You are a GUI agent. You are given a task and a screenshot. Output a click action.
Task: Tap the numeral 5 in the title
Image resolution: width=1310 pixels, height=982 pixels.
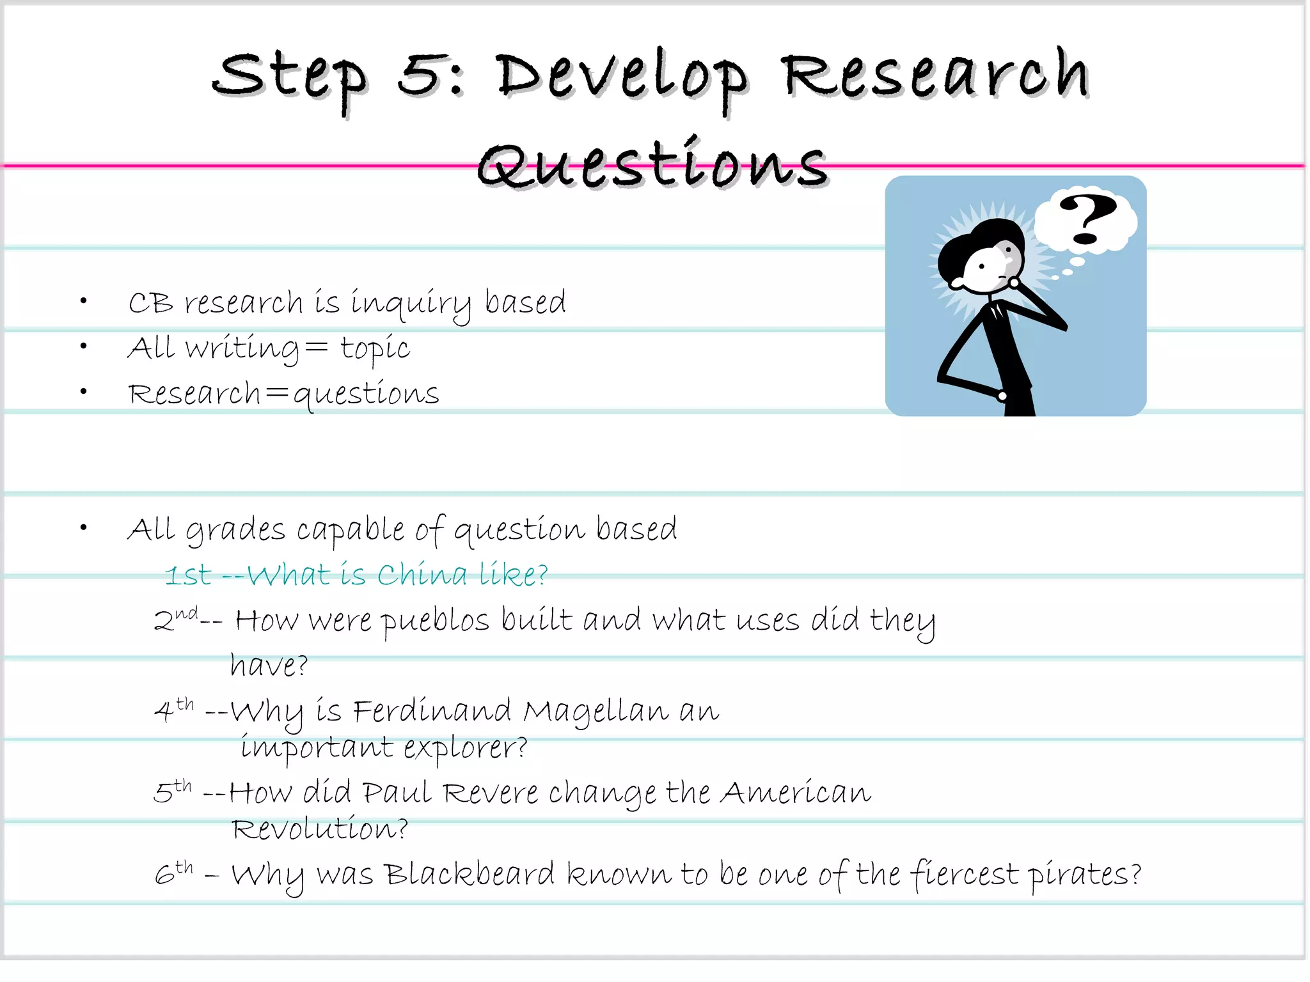pos(419,75)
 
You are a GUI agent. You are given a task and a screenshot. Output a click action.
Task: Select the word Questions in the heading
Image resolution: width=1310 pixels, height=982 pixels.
pos(652,165)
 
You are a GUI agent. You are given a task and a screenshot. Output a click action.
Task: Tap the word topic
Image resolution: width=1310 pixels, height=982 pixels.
pos(374,349)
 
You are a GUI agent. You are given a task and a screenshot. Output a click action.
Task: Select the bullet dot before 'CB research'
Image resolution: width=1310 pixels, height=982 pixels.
pos(83,300)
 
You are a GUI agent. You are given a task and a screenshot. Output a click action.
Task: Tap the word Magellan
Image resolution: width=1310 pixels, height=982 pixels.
pos(595,712)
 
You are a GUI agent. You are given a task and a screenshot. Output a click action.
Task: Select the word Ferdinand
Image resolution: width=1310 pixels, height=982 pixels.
pos(432,711)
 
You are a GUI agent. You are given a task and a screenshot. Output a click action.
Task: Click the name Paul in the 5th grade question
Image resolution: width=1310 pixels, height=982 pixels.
pos(397,793)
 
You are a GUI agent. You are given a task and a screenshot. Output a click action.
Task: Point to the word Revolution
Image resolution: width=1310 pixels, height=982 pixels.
pos(319,829)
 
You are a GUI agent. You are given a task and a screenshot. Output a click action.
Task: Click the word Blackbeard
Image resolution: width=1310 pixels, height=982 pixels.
pos(470,875)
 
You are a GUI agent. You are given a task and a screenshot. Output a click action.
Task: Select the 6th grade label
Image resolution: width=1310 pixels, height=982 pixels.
pos(173,873)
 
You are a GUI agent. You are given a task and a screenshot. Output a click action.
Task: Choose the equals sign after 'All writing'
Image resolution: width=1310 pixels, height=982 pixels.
pos(316,347)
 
